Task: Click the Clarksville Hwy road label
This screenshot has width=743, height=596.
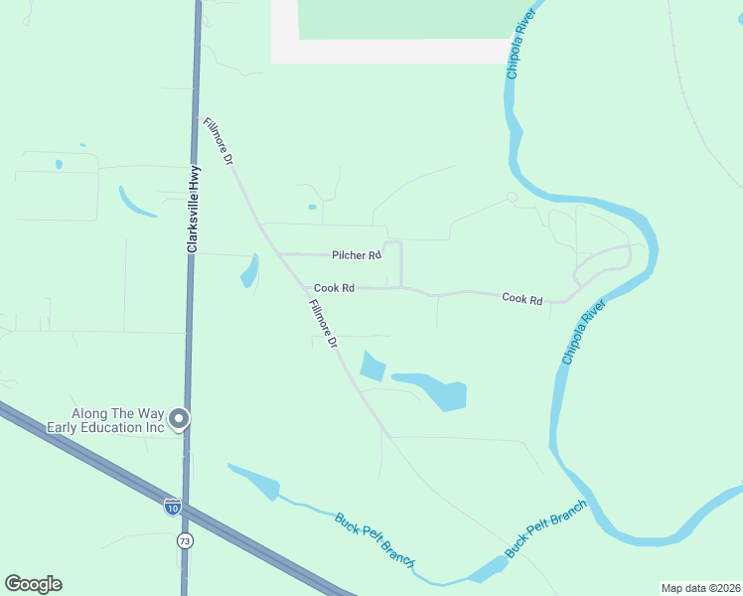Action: (194, 208)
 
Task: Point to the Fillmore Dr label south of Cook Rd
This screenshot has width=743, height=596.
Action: (325, 323)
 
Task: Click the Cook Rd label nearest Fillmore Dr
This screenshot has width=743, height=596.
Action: (334, 288)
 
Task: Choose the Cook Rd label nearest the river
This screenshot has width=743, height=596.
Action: (521, 298)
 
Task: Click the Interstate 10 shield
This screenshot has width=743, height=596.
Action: (173, 507)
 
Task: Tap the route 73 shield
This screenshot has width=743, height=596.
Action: (185, 540)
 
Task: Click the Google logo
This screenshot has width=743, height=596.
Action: (33, 584)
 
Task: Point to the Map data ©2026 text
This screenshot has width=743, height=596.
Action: (699, 587)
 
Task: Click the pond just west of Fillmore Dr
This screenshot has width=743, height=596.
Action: (250, 271)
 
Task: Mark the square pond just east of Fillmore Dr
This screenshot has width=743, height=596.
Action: (371, 367)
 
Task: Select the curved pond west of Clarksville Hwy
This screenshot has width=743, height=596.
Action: (136, 202)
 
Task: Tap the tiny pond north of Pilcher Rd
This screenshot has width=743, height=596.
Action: (312, 207)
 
